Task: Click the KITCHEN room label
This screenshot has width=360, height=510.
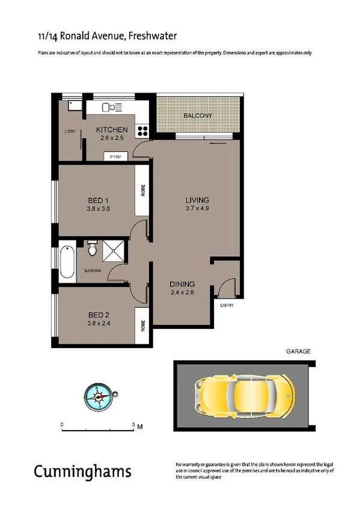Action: [x=112, y=130]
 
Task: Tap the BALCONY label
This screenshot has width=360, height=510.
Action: [x=198, y=115]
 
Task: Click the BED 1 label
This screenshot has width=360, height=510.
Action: [x=97, y=200]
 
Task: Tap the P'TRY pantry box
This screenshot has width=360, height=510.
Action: [x=116, y=157]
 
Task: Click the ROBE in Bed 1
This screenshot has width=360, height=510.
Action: [x=143, y=191]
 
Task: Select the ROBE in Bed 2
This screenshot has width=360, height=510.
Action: [x=143, y=325]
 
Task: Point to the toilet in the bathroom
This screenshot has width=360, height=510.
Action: [x=92, y=248]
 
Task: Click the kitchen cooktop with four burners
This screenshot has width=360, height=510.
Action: [x=143, y=130]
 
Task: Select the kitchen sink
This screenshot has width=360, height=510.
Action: [x=110, y=108]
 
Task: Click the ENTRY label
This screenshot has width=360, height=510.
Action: [x=227, y=305]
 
